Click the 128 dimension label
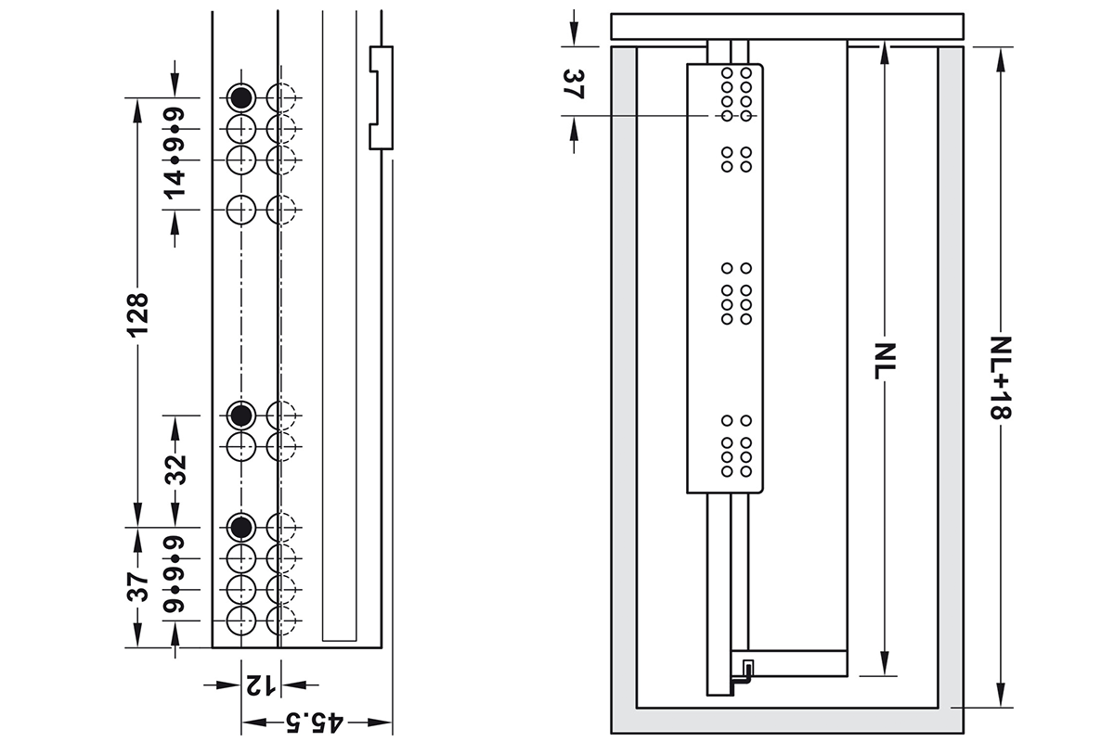click(x=137, y=315)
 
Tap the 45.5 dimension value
click(x=315, y=723)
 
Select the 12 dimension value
click(x=261, y=685)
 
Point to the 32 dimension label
click(x=175, y=469)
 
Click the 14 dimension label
click(x=175, y=185)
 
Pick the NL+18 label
click(x=1000, y=377)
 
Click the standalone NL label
click(x=885, y=361)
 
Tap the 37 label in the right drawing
click(x=574, y=84)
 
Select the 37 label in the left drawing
click(x=137, y=587)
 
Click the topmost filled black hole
click(x=241, y=98)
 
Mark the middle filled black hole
click(x=241, y=415)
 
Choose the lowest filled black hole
click(x=241, y=527)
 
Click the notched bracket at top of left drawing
click(x=382, y=98)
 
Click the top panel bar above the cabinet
click(x=787, y=26)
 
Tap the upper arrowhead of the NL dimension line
click(x=885, y=54)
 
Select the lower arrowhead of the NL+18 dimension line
click(x=1001, y=696)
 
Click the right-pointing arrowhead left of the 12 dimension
click(x=228, y=685)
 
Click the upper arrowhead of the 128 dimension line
click(x=137, y=109)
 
